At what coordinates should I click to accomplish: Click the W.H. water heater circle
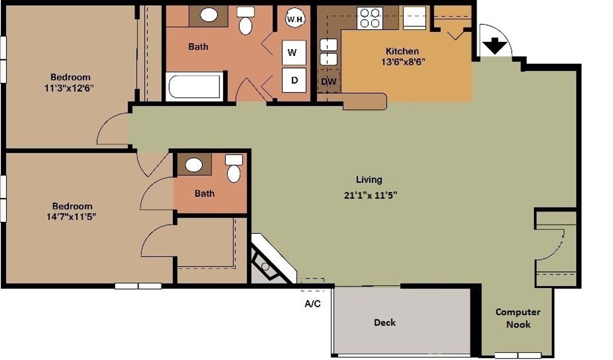click(295, 19)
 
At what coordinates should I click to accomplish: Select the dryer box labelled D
click(294, 80)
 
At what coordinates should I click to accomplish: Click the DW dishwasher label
click(328, 82)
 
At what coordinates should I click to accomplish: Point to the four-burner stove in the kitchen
click(370, 18)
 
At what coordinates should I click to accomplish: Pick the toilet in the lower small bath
click(234, 170)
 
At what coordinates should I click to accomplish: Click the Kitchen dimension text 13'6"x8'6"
click(403, 62)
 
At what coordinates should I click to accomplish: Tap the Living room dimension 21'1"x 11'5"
click(370, 195)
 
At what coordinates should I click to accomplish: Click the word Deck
click(385, 323)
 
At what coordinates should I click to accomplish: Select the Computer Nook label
click(518, 318)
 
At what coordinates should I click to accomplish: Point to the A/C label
click(312, 304)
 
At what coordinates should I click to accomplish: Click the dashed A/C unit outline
click(312, 284)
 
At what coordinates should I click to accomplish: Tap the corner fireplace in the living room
click(268, 263)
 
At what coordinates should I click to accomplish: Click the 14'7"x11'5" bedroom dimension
click(71, 217)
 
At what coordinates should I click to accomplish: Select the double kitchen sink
click(328, 52)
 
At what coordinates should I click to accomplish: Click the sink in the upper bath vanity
click(209, 15)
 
